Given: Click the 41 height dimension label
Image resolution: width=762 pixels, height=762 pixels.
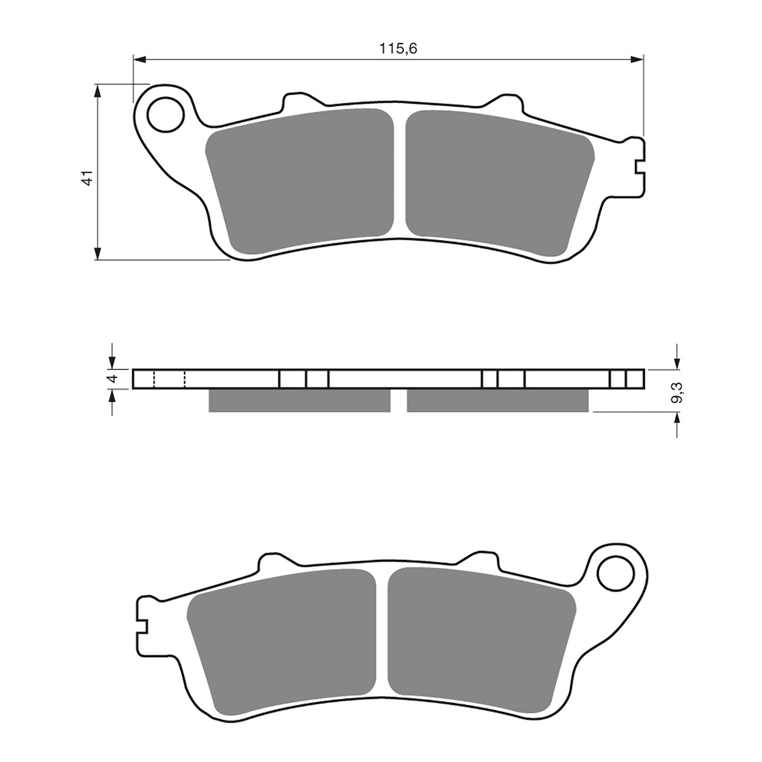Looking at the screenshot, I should (86, 177).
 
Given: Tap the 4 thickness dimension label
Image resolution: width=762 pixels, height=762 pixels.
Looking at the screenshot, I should (112, 379).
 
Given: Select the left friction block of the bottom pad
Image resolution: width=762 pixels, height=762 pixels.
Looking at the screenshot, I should (281, 638).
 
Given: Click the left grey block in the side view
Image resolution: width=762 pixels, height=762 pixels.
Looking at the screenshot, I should (299, 400).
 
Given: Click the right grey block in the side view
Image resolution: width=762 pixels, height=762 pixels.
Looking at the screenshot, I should (497, 400).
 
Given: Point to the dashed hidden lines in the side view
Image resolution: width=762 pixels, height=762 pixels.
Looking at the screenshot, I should (169, 379).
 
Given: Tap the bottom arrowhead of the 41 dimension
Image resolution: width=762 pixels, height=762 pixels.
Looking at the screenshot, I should (98, 253).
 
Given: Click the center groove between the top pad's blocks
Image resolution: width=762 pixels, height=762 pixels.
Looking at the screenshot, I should (400, 176).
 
